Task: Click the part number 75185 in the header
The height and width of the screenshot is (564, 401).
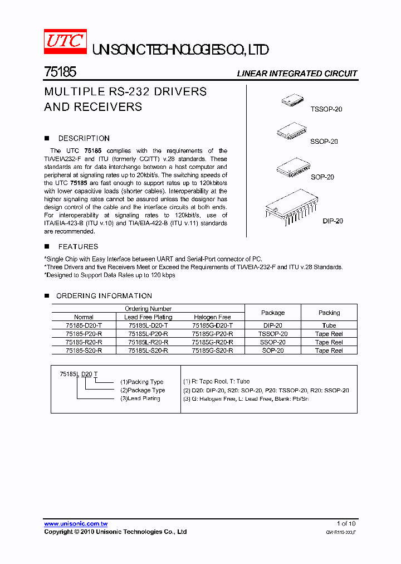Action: click(x=60, y=72)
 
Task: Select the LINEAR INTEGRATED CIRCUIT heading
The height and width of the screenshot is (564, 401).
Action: click(x=297, y=74)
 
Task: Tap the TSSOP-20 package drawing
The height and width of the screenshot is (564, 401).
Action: click(x=292, y=100)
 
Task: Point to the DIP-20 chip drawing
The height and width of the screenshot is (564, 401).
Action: click(x=292, y=206)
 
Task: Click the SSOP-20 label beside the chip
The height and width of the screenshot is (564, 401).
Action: click(x=324, y=142)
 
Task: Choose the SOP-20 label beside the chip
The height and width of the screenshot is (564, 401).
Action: click(x=322, y=177)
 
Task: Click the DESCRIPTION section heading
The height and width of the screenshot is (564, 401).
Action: click(x=84, y=138)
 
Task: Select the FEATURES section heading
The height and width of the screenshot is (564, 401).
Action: click(x=78, y=246)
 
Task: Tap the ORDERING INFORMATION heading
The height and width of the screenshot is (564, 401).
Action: click(x=104, y=296)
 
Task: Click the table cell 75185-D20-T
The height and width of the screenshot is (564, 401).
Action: click(x=84, y=325)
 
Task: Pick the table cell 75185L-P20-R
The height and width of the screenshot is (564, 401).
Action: click(x=148, y=334)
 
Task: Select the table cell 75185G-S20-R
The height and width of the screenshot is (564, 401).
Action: click(x=212, y=351)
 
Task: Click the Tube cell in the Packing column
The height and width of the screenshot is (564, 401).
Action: click(x=329, y=325)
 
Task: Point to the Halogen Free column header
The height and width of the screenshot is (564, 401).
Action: click(x=212, y=317)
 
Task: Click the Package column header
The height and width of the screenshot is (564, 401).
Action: click(x=273, y=313)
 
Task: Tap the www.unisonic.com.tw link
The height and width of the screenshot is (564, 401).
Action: click(x=76, y=524)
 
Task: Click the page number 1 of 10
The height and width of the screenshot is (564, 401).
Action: click(x=346, y=524)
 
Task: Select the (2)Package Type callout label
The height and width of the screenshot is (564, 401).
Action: click(x=143, y=390)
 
